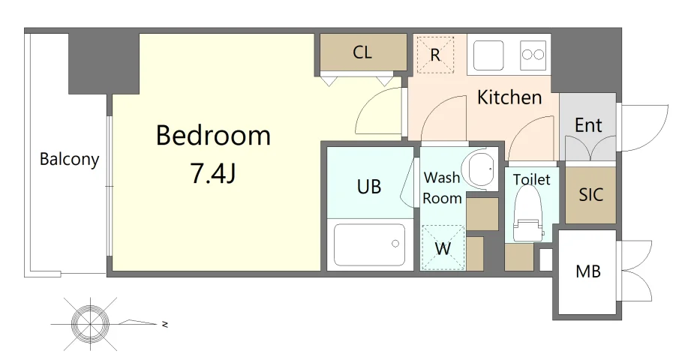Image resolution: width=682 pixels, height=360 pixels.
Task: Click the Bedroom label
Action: (x=213, y=135)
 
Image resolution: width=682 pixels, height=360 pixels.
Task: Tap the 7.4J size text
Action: (x=213, y=173)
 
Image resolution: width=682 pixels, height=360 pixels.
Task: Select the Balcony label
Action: (x=69, y=159)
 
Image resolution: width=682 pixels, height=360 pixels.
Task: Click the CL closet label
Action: (x=362, y=52)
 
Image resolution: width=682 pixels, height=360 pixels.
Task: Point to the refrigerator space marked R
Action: (x=435, y=54)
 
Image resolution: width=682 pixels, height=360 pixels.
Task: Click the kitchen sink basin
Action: (x=488, y=55)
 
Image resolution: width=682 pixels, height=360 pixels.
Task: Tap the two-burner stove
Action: (x=533, y=55)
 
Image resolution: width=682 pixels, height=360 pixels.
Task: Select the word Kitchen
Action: (x=509, y=97)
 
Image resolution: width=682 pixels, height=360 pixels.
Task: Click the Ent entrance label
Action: (x=588, y=125)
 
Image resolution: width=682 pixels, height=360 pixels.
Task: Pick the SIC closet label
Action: (x=591, y=194)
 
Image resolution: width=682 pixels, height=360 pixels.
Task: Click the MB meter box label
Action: (x=588, y=271)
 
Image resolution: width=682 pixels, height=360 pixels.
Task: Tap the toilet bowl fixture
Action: (x=528, y=214)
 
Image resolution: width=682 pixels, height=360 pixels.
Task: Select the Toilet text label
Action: (x=531, y=179)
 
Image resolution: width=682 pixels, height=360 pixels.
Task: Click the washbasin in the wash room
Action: (x=479, y=169)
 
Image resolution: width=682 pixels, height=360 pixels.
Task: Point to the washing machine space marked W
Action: (x=443, y=247)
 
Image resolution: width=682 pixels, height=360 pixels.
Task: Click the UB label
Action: (x=369, y=187)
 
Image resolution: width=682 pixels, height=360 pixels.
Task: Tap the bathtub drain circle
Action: (x=395, y=244)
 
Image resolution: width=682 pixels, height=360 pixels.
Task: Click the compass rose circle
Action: (x=91, y=324)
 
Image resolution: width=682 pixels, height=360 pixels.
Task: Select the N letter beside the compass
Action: (x=165, y=324)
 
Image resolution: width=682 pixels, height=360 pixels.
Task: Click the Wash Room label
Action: (x=443, y=187)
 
